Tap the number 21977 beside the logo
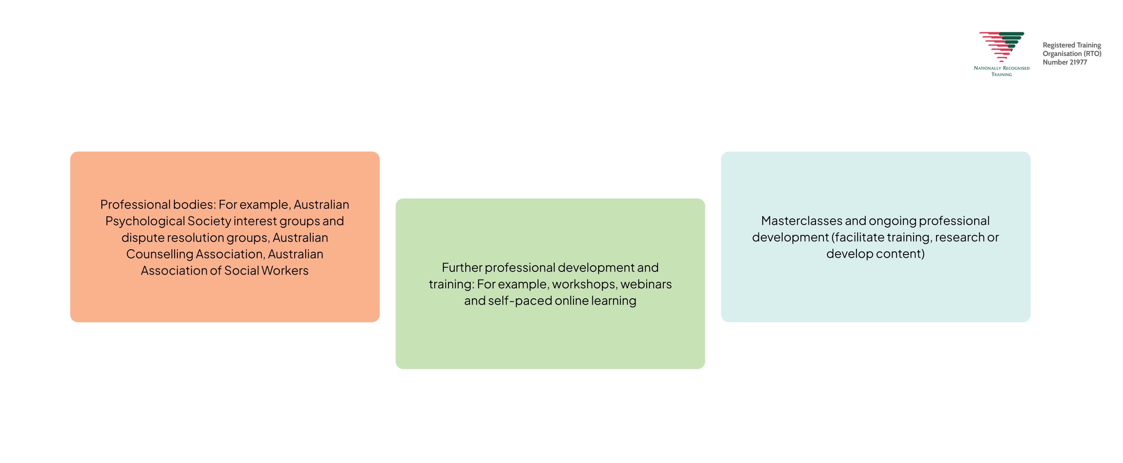click(x=1078, y=62)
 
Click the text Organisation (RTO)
click(x=1071, y=54)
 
